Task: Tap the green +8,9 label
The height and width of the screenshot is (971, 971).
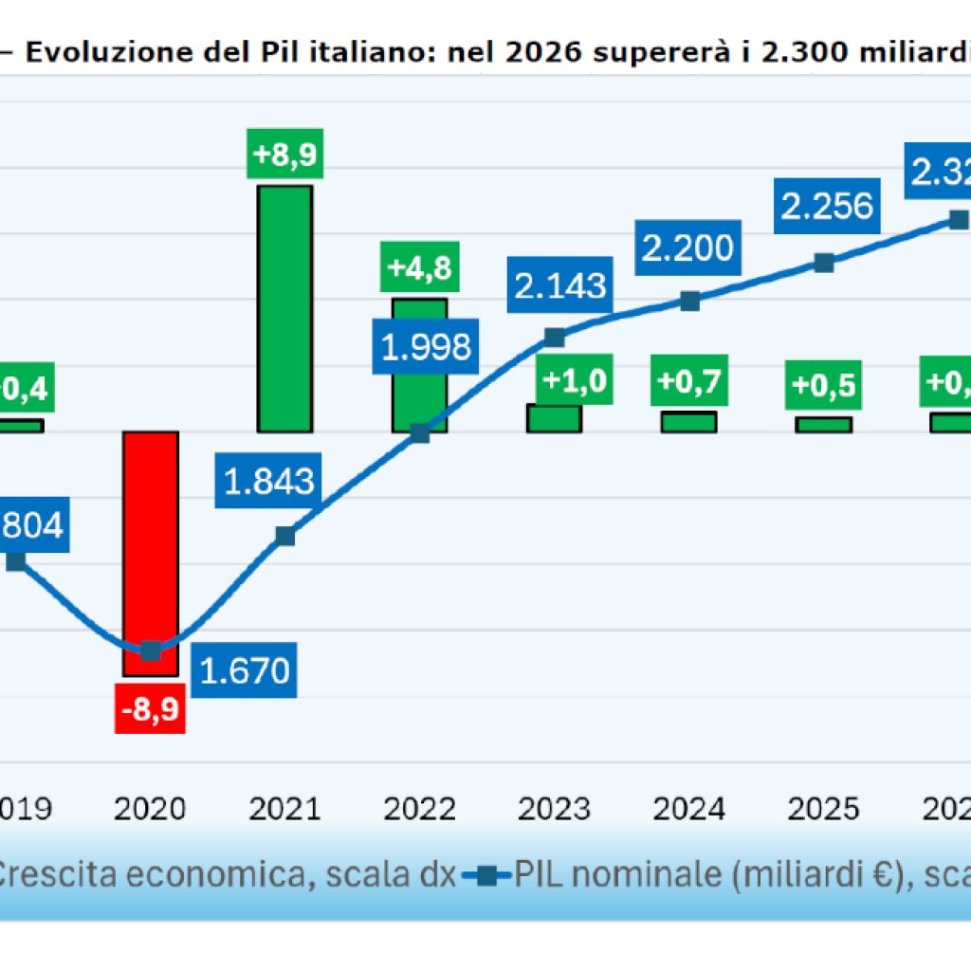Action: point(284,153)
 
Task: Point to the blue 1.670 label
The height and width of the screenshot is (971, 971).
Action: point(246,670)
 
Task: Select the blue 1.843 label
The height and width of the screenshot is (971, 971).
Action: point(270,481)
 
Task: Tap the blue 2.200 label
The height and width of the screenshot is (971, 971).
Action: point(687,248)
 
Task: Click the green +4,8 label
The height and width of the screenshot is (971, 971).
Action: point(418,266)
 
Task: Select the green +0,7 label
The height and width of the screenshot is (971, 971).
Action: point(689,383)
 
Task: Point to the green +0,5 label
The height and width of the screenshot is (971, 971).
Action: point(824,385)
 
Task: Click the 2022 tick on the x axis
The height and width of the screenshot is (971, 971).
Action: point(420,808)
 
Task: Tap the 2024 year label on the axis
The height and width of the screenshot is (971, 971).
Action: point(689,808)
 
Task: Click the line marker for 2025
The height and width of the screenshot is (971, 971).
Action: point(825,263)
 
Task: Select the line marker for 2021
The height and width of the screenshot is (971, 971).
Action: point(284,537)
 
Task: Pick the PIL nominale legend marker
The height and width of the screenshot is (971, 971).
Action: point(486,875)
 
